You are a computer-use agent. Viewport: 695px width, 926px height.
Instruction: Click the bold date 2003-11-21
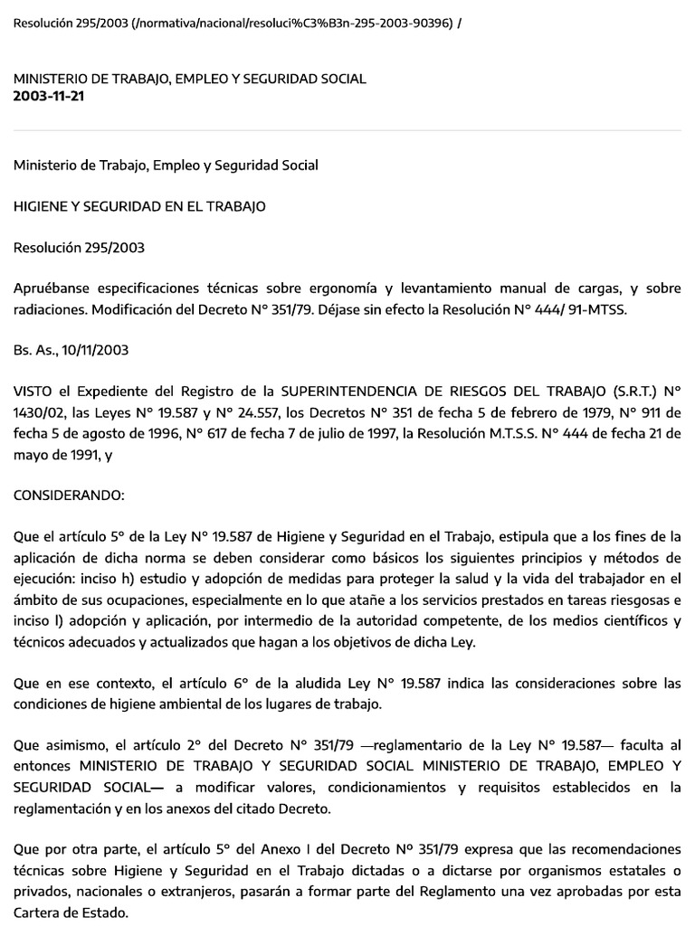pyautogui.click(x=49, y=96)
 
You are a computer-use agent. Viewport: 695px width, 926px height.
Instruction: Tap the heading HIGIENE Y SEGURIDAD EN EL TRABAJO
pyautogui.click(x=139, y=206)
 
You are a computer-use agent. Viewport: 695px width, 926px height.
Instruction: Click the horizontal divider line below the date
pyautogui.click(x=347, y=131)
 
